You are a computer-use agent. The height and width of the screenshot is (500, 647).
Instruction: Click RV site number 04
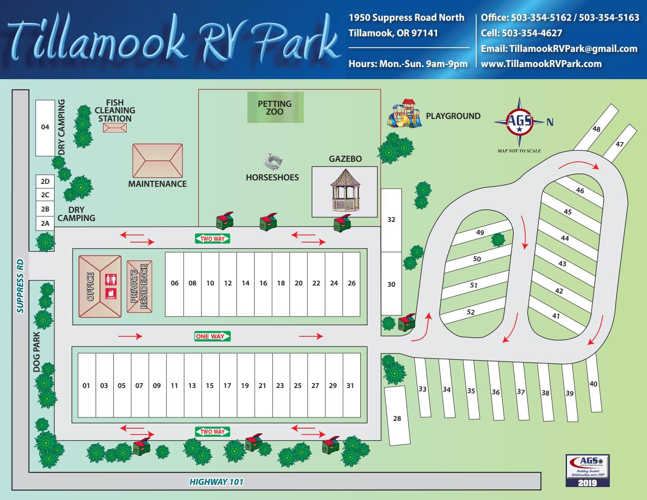pos(45,127)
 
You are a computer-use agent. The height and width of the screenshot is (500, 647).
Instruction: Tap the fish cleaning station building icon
pos(115,128)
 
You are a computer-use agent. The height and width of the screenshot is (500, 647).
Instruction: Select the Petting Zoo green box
pos(275,107)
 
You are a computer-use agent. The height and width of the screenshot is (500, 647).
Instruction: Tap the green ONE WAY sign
pos(212,337)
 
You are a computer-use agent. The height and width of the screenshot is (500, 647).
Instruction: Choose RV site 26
pos(352,283)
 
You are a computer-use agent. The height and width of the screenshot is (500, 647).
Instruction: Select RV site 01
pos(86,385)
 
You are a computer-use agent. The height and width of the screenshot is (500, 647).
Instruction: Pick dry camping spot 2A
pos(45,224)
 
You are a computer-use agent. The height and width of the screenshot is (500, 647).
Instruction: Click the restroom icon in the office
pos(111,279)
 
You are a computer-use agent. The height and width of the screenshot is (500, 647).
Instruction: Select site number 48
pos(596,128)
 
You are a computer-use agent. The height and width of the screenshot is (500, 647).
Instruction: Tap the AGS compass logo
pos(519,122)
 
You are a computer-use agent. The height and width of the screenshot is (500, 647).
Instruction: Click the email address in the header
pos(559,49)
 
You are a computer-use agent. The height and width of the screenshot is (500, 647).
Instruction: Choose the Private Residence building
pos(139,286)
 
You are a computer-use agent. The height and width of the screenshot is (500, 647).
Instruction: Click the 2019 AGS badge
pos(587,471)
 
